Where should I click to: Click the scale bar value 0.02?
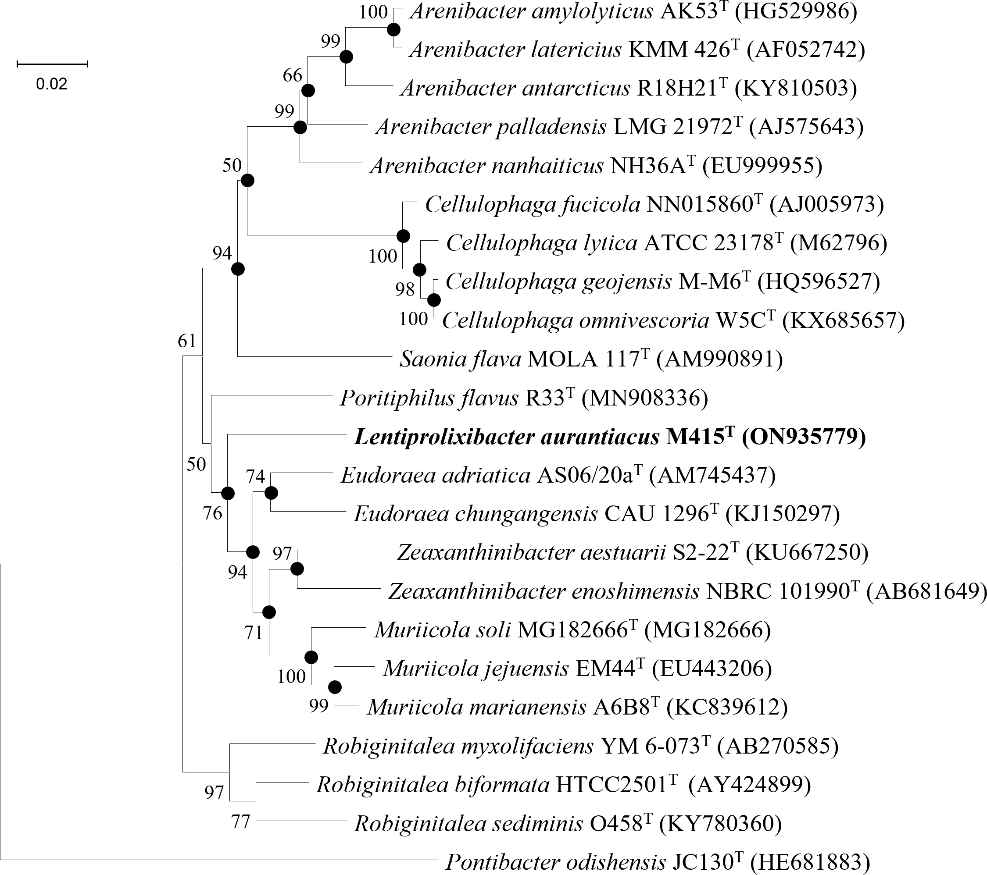(x=52, y=85)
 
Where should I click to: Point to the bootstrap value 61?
(x=187, y=341)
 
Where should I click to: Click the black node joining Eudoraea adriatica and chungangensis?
(x=271, y=493)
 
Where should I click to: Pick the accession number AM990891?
(x=719, y=359)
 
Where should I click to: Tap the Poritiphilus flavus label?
(x=427, y=398)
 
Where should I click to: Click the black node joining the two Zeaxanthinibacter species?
(x=297, y=569)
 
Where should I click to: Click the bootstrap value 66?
(x=293, y=76)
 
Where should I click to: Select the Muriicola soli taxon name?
(x=442, y=630)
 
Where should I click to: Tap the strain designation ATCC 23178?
(x=709, y=243)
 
